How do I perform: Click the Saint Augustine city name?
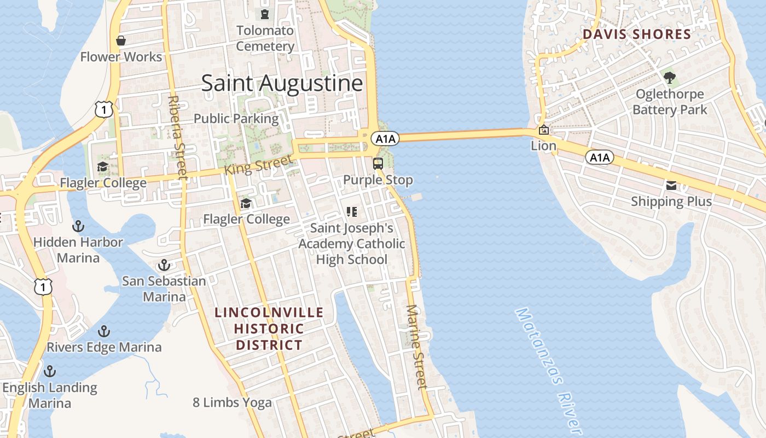point(282,83)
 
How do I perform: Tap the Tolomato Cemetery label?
point(265,38)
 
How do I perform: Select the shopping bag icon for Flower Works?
point(121,41)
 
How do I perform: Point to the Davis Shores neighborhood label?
point(636,34)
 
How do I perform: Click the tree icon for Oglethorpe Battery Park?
point(669,78)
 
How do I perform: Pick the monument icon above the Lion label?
point(544,130)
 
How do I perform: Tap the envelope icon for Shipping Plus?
point(671,186)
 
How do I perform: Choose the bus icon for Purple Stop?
point(378,163)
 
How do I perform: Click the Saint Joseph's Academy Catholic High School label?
point(352,244)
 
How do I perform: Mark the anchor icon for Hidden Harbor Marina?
point(78,226)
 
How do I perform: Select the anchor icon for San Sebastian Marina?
point(164,266)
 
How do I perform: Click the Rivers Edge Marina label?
point(104,347)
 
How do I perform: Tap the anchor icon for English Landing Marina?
point(50,371)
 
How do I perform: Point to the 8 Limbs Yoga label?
point(232,402)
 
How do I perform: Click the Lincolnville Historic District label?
point(269,328)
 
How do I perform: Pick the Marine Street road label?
point(417,347)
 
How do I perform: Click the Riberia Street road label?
point(178,138)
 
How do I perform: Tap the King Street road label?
point(258,164)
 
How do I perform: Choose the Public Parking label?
point(236,118)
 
